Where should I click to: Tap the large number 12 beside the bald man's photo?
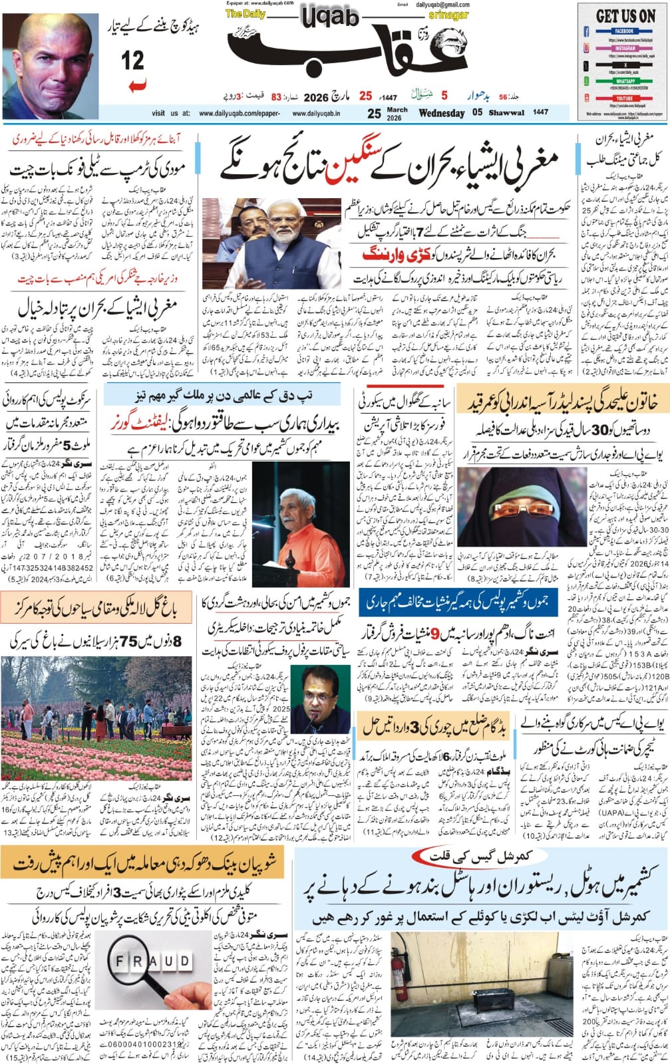click(133, 62)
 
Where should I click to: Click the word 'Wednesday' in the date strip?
click(441, 113)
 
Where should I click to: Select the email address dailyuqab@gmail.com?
click(442, 5)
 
